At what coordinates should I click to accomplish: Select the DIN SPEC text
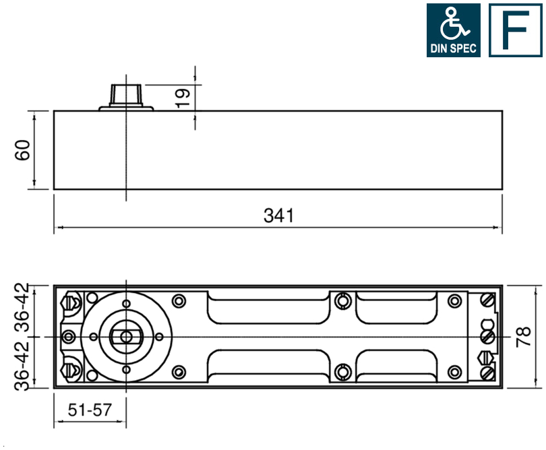point(453,49)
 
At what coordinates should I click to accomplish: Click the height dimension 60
point(23,150)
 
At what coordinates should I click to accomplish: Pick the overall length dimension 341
point(278,216)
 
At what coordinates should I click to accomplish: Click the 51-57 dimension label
point(89,410)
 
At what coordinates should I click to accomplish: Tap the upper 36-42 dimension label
point(23,308)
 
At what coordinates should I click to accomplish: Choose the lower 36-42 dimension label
point(23,365)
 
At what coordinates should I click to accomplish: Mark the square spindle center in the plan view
point(125,335)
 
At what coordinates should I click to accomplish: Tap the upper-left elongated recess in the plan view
point(268,308)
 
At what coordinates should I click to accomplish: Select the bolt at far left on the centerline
point(67,335)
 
